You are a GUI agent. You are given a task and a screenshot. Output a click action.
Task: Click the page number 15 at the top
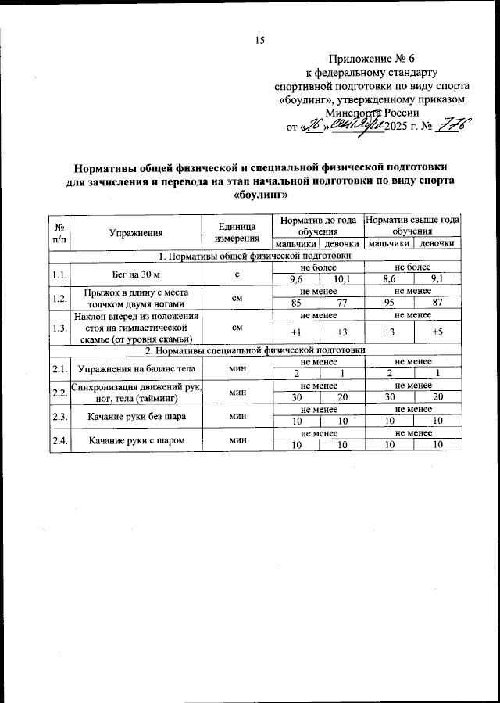[x=261, y=41]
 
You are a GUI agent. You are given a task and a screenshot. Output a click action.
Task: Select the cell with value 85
[x=295, y=303]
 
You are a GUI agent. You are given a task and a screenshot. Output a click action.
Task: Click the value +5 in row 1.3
[x=437, y=332]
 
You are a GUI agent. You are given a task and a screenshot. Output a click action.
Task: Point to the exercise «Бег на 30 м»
[x=136, y=274]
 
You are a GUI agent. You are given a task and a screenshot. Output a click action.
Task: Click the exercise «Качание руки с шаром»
[x=136, y=441]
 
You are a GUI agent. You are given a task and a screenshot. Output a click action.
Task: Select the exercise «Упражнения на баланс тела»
[x=136, y=368]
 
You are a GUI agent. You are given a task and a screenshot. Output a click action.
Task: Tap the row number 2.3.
[x=59, y=417]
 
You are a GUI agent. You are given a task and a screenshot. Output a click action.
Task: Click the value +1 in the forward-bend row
[x=295, y=332]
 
